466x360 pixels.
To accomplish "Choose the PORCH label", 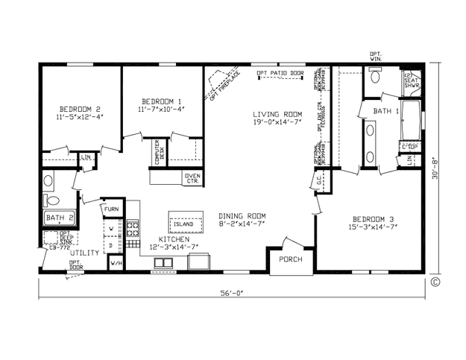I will click(291, 259).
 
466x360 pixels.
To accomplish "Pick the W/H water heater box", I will click(116, 262).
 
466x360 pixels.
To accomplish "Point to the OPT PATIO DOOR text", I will click(280, 72).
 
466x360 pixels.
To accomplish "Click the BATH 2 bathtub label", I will click(59, 218).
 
